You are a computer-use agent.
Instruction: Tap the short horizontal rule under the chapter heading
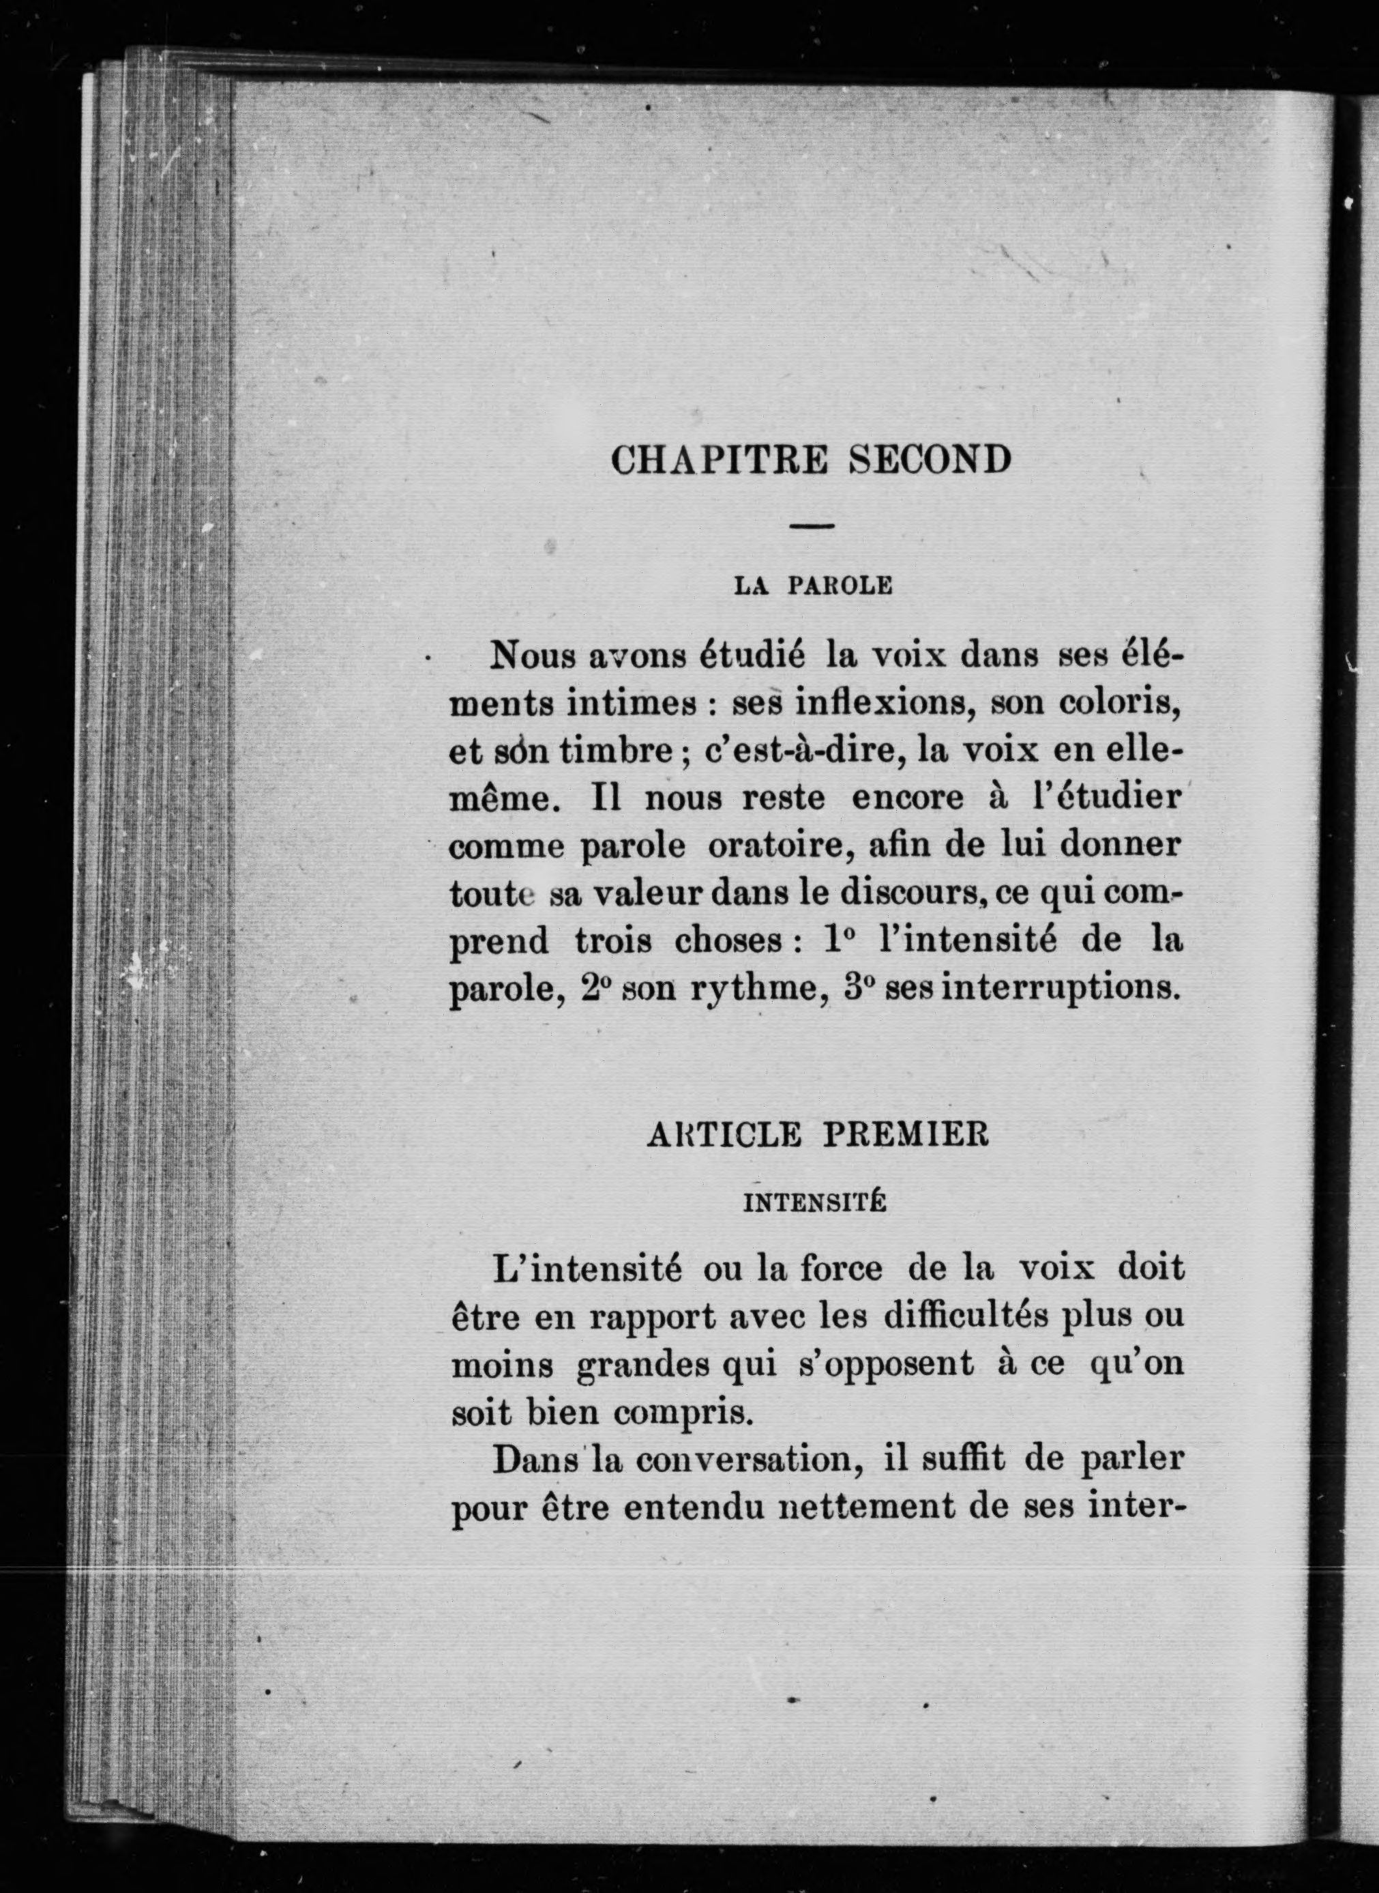click(x=812, y=526)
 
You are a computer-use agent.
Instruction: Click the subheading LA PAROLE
click(x=813, y=586)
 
